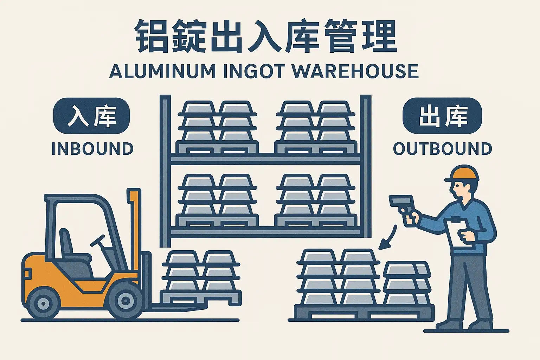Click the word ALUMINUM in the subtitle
[162, 71]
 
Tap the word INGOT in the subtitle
[253, 71]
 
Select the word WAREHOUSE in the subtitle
[355, 71]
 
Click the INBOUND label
[92, 149]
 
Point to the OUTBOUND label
[442, 149]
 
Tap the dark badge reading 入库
[91, 116]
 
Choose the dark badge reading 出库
[442, 116]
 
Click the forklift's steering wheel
[98, 240]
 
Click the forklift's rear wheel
[43, 303]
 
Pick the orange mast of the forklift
[134, 225]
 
